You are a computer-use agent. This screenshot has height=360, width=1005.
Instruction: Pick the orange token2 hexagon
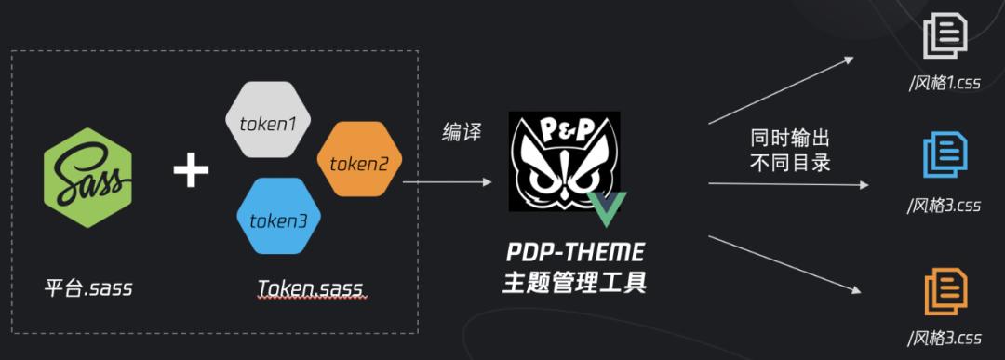(x=359, y=163)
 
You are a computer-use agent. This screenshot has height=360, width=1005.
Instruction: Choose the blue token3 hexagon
(x=279, y=220)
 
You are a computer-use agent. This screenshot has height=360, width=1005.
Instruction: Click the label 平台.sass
(x=88, y=287)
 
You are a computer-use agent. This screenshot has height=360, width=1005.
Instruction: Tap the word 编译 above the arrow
(x=461, y=132)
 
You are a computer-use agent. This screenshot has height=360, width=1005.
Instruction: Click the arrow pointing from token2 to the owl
(x=447, y=182)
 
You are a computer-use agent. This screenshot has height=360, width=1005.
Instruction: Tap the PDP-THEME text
(x=574, y=253)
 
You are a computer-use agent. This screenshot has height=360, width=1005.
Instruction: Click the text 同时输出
(x=789, y=139)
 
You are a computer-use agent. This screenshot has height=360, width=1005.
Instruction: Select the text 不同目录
(x=789, y=163)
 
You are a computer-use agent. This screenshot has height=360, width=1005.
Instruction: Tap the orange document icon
(x=945, y=290)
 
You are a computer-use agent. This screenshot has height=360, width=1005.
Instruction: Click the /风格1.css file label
(x=945, y=82)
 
